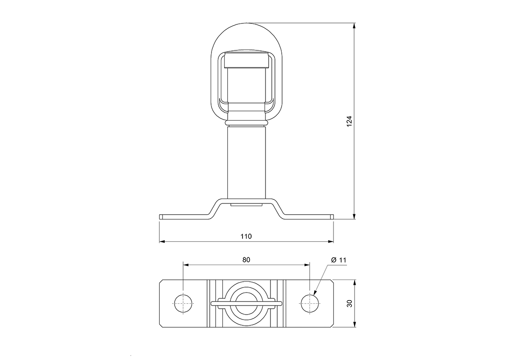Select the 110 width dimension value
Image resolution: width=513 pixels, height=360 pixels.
pyautogui.click(x=246, y=236)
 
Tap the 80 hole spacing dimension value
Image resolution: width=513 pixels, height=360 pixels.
pyautogui.click(x=246, y=260)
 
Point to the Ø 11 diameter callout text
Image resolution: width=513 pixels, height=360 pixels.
pyautogui.click(x=338, y=260)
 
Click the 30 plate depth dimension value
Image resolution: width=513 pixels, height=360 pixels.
pyautogui.click(x=349, y=303)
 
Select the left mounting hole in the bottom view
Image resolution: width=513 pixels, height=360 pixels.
pyautogui.click(x=183, y=304)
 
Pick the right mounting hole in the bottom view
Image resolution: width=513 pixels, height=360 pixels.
pyautogui.click(x=310, y=304)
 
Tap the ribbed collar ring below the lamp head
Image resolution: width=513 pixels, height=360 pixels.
pyautogui.click(x=246, y=122)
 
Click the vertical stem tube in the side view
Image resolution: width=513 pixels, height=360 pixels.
pyautogui.click(x=246, y=162)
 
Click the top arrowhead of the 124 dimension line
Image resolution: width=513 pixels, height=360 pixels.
pyautogui.click(x=355, y=26)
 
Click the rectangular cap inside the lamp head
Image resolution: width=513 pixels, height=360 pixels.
pyautogui.click(x=246, y=59)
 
